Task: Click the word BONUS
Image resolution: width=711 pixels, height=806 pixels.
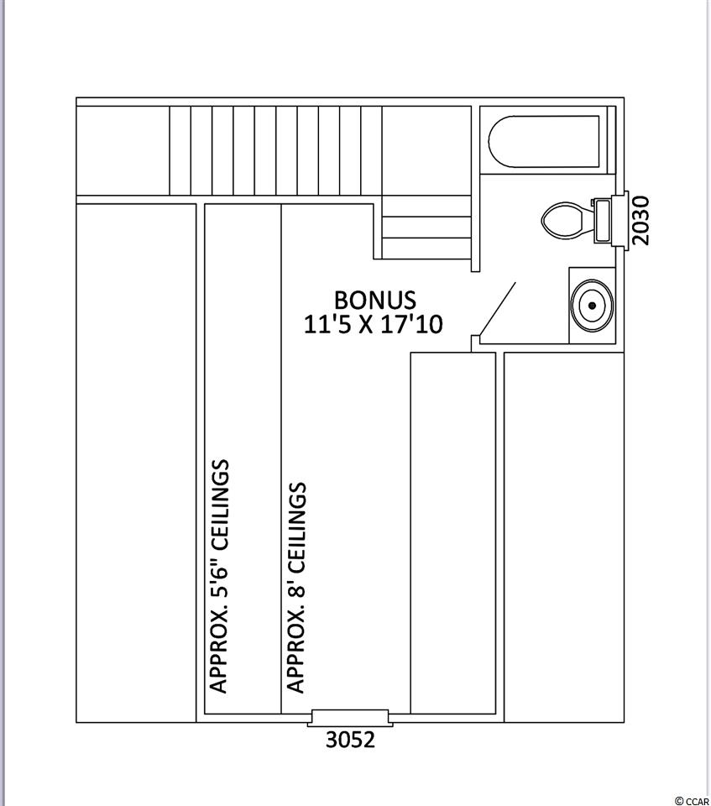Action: [374, 301]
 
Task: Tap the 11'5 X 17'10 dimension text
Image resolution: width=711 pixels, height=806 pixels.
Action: [374, 324]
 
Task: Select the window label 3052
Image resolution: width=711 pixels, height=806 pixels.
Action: [351, 740]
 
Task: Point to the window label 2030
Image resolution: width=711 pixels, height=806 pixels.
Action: [640, 220]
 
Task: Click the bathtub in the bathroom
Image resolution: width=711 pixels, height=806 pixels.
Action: [544, 141]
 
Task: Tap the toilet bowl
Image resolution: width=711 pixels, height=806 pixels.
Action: [563, 221]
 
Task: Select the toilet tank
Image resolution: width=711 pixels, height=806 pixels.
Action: [603, 221]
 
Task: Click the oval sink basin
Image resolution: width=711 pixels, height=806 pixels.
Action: [593, 306]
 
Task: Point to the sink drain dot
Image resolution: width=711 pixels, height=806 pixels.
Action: [593, 306]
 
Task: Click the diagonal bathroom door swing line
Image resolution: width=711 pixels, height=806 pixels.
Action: [497, 308]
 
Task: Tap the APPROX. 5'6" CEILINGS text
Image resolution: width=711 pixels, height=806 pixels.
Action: [218, 576]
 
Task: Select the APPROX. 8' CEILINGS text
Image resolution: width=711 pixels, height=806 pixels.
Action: [296, 587]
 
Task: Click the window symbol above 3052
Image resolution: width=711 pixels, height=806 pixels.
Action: [350, 718]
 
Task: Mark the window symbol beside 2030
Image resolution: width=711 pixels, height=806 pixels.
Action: [620, 221]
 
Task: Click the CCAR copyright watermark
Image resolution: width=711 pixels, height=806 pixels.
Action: [692, 800]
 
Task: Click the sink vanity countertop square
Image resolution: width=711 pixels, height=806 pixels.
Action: [593, 306]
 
